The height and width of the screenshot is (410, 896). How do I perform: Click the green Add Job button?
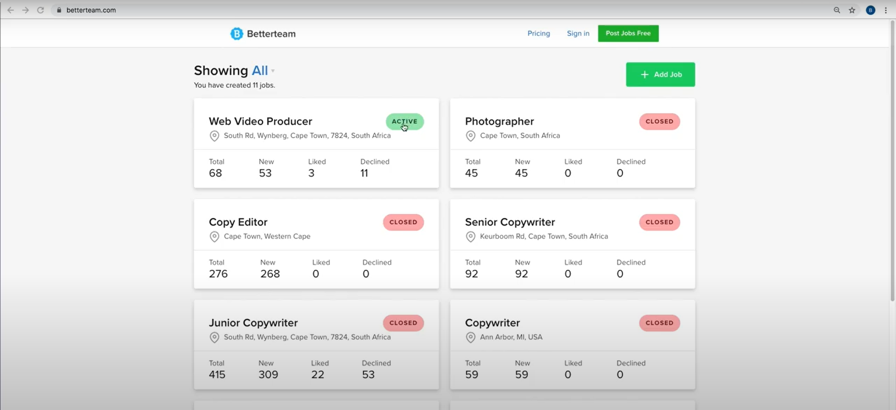pyautogui.click(x=660, y=75)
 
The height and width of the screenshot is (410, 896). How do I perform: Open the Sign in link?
pyautogui.click(x=578, y=34)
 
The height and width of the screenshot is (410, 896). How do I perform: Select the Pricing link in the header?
pyautogui.click(x=539, y=34)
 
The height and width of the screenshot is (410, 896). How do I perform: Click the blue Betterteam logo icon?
pyautogui.click(x=237, y=34)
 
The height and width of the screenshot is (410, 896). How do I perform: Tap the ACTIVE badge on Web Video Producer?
pyautogui.click(x=405, y=121)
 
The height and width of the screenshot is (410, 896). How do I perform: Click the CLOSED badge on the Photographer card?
pyautogui.click(x=659, y=121)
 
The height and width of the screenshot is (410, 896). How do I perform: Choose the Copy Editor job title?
pyautogui.click(x=238, y=222)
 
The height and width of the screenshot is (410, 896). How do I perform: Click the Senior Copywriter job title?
pyautogui.click(x=510, y=222)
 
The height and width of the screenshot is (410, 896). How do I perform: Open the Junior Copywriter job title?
pyautogui.click(x=253, y=323)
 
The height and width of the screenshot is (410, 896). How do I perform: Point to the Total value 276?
pyautogui.click(x=218, y=274)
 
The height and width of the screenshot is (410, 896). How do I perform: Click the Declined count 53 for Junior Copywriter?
pyautogui.click(x=368, y=375)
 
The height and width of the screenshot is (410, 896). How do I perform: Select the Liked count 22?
pyautogui.click(x=318, y=375)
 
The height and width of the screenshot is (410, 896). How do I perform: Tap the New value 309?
pyautogui.click(x=268, y=375)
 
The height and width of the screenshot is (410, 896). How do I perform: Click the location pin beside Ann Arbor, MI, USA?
pyautogui.click(x=470, y=337)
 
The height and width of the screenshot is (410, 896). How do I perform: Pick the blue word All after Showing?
pyautogui.click(x=260, y=70)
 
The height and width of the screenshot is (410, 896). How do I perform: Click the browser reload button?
pyautogui.click(x=41, y=10)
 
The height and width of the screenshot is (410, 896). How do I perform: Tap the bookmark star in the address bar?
pyautogui.click(x=852, y=10)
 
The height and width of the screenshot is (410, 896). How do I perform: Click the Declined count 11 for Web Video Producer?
pyautogui.click(x=364, y=173)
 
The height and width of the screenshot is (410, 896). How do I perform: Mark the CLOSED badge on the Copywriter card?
pyautogui.click(x=659, y=323)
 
